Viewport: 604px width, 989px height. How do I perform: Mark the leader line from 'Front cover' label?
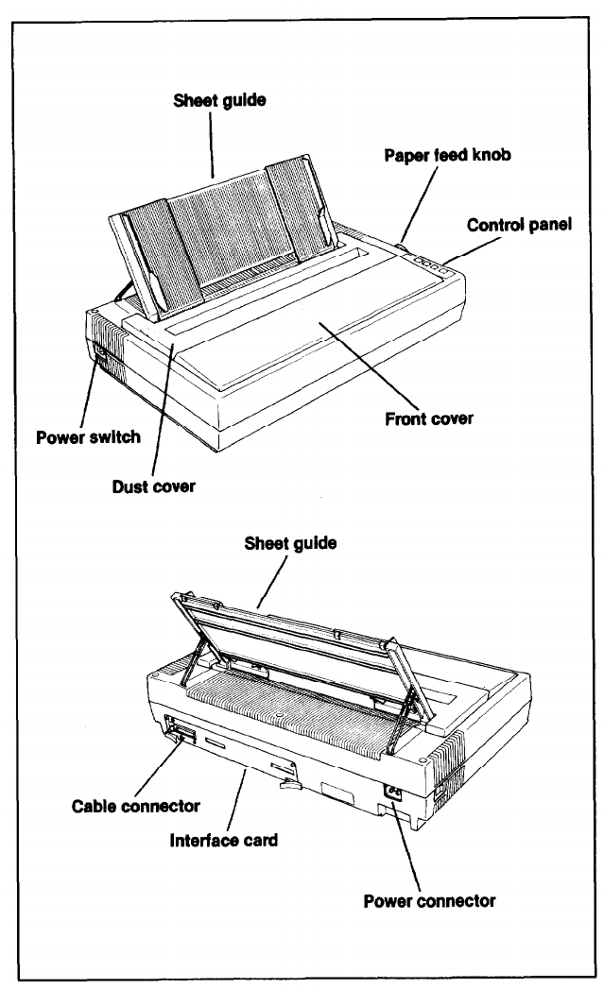point(369,364)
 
